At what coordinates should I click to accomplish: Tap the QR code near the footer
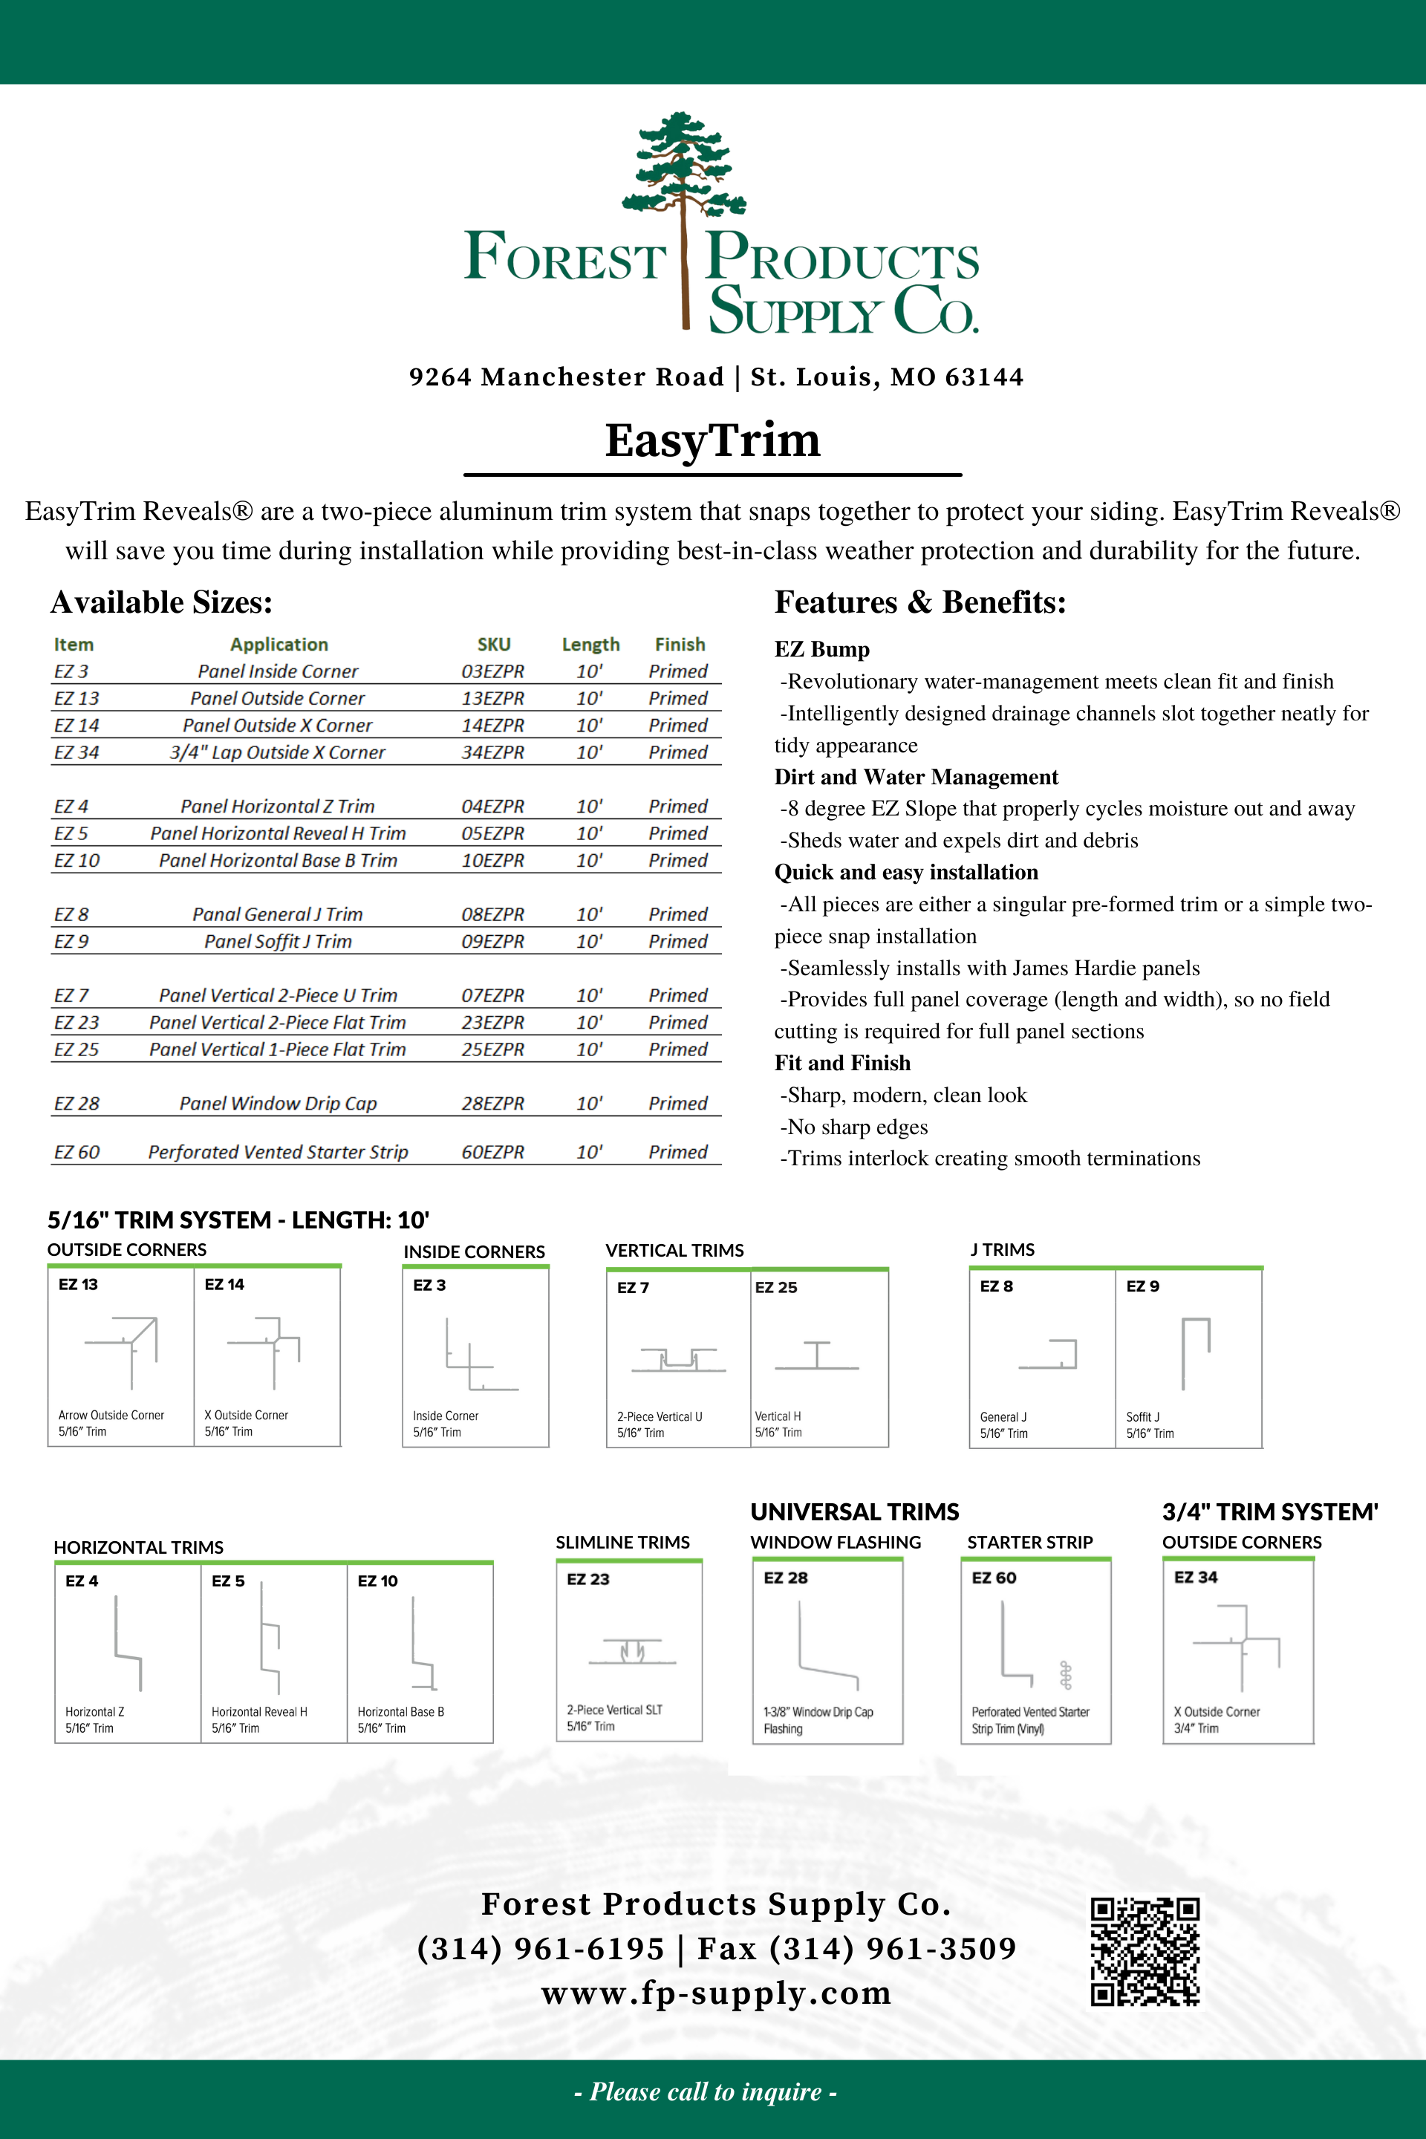[x=1145, y=1951]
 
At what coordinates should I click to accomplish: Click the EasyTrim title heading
[x=712, y=440]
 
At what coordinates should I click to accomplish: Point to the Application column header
[x=279, y=644]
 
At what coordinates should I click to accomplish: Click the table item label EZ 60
[x=76, y=1151]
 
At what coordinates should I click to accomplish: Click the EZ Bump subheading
[x=822, y=649]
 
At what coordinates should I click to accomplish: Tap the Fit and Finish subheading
[x=842, y=1063]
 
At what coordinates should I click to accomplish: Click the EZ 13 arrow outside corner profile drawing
[x=123, y=1350]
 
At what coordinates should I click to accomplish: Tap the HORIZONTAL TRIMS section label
[x=138, y=1547]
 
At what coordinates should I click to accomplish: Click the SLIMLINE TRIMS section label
[x=623, y=1543]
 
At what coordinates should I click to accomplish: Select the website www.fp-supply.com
[x=716, y=1993]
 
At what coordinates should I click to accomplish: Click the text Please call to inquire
[x=706, y=2091]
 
